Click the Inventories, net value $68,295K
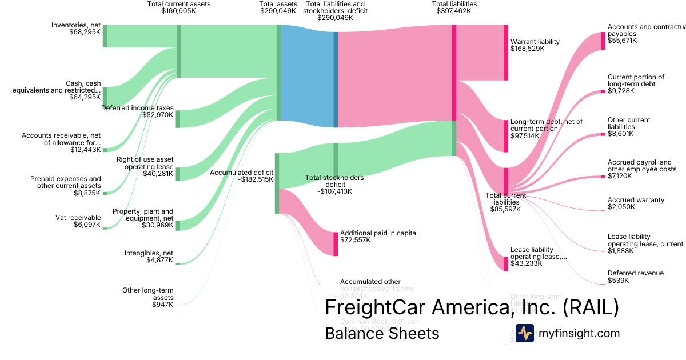[x=85, y=32]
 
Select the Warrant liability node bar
[x=505, y=52]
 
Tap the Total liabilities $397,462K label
[x=454, y=7]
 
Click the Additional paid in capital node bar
[x=336, y=244]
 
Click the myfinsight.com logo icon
[x=524, y=333]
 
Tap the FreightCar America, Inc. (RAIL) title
[x=472, y=307]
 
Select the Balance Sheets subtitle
[x=382, y=333]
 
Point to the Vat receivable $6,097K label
[x=78, y=221]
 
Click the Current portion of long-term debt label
[x=636, y=81]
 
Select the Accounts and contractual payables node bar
[x=603, y=41]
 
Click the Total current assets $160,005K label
[x=178, y=7]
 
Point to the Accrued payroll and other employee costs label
[x=641, y=166]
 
